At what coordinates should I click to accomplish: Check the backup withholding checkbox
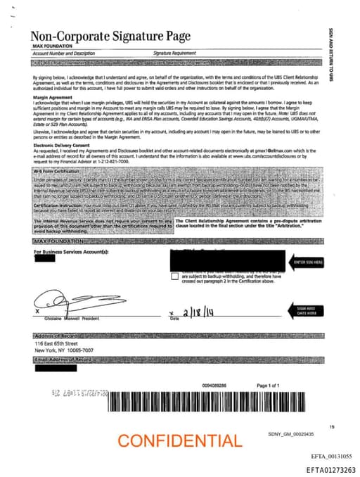[x=175, y=276]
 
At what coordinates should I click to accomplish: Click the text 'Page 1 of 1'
[x=269, y=386]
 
